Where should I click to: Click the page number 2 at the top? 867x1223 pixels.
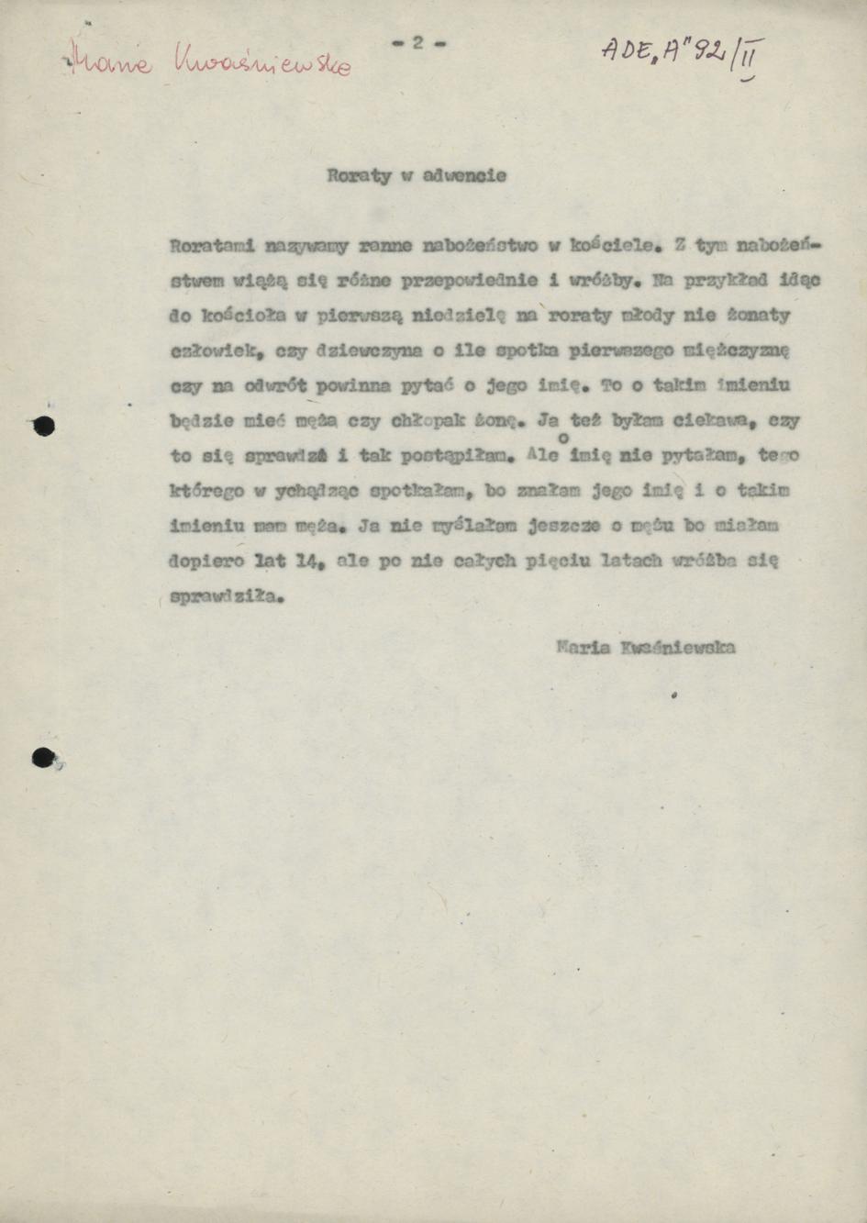pyautogui.click(x=417, y=42)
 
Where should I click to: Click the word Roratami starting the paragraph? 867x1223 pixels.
pyautogui.click(x=213, y=246)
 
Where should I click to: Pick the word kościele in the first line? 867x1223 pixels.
pyautogui.click(x=611, y=246)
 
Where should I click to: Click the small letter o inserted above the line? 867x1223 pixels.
pyautogui.click(x=562, y=440)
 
